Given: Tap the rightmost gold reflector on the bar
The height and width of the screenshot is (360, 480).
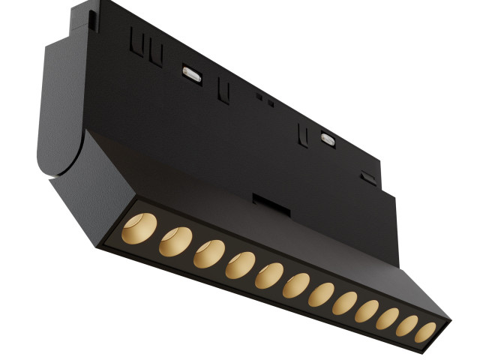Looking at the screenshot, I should tap(425, 332).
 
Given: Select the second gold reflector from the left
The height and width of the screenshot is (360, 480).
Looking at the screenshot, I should tap(175, 241).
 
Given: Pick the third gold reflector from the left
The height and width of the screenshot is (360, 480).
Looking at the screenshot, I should tap(209, 253).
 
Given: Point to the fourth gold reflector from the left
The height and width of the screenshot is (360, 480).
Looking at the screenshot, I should tap(240, 265).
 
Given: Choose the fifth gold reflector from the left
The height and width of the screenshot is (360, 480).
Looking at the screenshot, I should tap(268, 276).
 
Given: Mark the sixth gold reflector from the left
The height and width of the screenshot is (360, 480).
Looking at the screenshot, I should tap(295, 286).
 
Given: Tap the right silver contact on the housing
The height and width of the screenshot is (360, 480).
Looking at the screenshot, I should tap(327, 138).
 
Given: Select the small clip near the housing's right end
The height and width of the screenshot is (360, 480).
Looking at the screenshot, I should tap(367, 178).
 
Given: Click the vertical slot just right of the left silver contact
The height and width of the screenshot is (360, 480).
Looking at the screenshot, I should tap(223, 91).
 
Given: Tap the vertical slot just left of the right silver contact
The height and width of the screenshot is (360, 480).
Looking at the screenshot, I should tap(303, 135).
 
